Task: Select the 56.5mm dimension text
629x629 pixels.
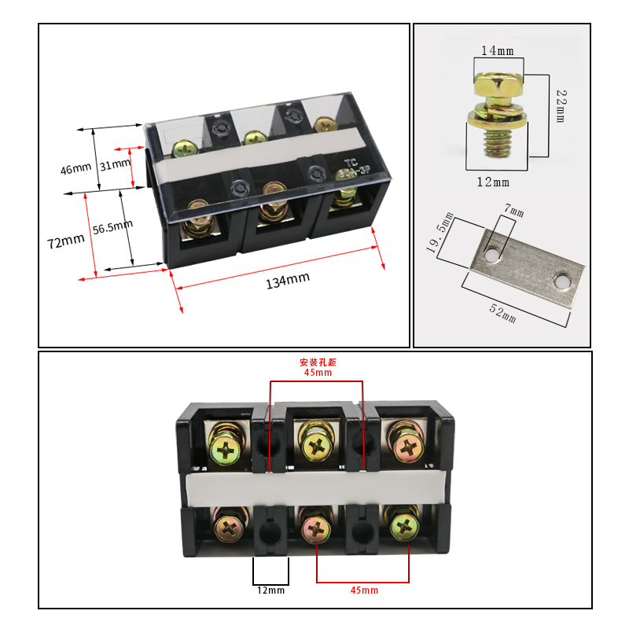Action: coord(112,228)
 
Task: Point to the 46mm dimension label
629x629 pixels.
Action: coord(76,168)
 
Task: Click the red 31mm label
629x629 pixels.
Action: coord(116,164)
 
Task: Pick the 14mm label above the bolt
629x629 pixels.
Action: coord(497,51)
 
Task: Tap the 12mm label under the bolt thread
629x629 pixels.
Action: coord(494,182)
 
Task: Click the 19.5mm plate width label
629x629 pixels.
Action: coord(440,234)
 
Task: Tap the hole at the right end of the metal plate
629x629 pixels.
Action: coord(561,281)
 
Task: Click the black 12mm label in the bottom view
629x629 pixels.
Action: coord(270,590)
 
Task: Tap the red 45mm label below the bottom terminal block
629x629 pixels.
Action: coord(363,590)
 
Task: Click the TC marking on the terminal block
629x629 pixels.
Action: coord(350,164)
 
